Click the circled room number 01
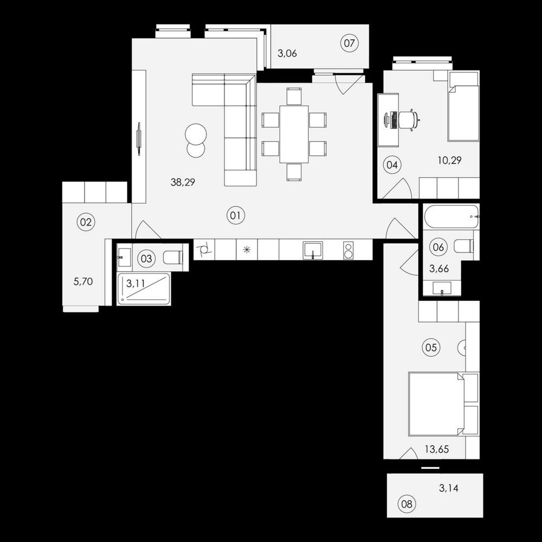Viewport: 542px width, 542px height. tap(235, 216)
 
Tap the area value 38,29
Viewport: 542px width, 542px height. tap(183, 182)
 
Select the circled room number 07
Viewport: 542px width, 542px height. tap(350, 43)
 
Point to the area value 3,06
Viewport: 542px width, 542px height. tap(287, 54)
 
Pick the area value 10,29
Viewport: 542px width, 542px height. tap(449, 160)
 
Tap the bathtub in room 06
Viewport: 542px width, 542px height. tap(451, 216)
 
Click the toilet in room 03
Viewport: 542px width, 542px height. tap(173, 257)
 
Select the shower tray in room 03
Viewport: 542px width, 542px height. tap(144, 289)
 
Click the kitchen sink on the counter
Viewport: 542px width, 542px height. tap(313, 250)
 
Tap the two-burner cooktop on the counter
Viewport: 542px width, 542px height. tap(348, 250)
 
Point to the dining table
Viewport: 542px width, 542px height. tap(294, 134)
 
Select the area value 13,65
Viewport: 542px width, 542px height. tap(437, 449)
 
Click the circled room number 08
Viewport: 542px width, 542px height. tap(407, 504)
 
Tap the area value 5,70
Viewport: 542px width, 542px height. tap(83, 282)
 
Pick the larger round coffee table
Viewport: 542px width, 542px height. tap(196, 134)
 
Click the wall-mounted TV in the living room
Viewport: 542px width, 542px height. tap(139, 138)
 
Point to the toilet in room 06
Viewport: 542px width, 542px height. tap(463, 246)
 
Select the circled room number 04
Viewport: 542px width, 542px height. tap(392, 165)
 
